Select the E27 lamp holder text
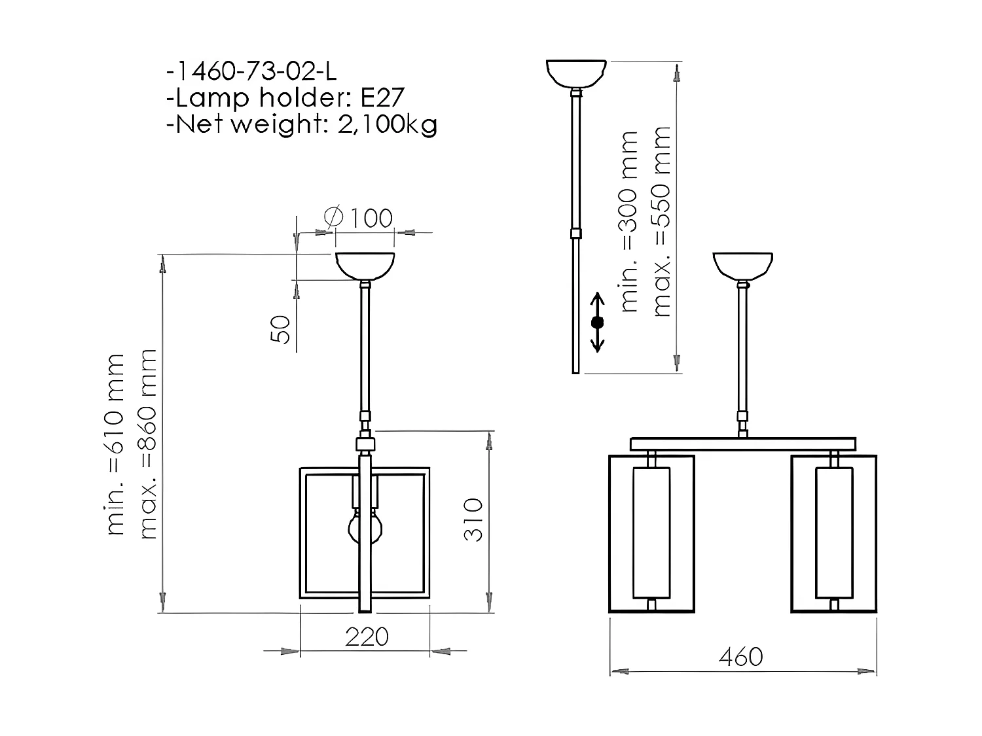(382, 97)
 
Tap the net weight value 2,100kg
(387, 124)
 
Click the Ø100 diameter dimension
(359, 218)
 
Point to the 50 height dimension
(280, 329)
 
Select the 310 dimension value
(473, 519)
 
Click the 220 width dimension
(367, 637)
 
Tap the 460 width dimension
(740, 656)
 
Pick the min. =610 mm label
(115, 444)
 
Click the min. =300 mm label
(628, 221)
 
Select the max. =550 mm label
(662, 221)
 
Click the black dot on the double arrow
(596, 322)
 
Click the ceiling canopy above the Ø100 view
(365, 266)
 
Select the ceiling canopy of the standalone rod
(576, 73)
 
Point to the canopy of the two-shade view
(742, 265)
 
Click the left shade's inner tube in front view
(651, 533)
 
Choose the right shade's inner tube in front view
(834, 533)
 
